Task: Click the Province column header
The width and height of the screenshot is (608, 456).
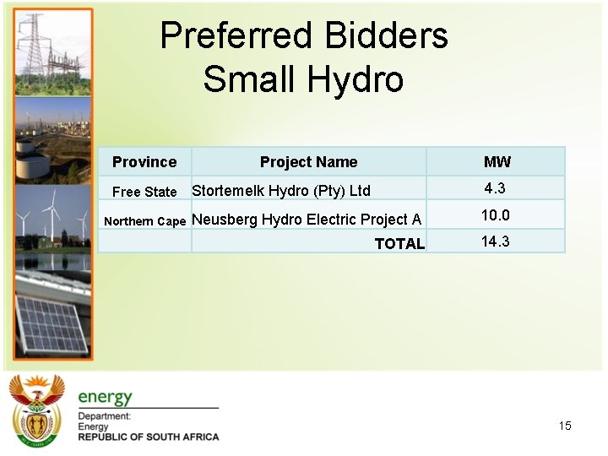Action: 144,162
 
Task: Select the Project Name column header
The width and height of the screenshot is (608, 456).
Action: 308,162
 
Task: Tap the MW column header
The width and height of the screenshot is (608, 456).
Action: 497,162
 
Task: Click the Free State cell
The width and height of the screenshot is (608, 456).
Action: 144,192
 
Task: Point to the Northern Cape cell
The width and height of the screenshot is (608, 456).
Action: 144,221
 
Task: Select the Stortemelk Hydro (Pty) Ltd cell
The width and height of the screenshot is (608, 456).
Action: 281,190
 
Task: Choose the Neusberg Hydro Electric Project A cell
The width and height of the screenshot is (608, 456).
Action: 307,220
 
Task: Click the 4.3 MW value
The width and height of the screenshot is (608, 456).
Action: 495,187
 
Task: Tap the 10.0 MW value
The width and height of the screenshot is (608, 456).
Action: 495,215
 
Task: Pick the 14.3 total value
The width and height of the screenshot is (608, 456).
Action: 495,242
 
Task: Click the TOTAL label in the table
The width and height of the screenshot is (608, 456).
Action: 399,244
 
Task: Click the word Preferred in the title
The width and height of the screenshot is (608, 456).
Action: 231,36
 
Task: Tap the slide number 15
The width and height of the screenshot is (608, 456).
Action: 565,426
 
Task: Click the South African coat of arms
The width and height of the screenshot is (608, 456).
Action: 36,410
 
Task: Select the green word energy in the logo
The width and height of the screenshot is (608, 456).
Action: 106,397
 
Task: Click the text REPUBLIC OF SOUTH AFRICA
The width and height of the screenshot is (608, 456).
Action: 149,437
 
